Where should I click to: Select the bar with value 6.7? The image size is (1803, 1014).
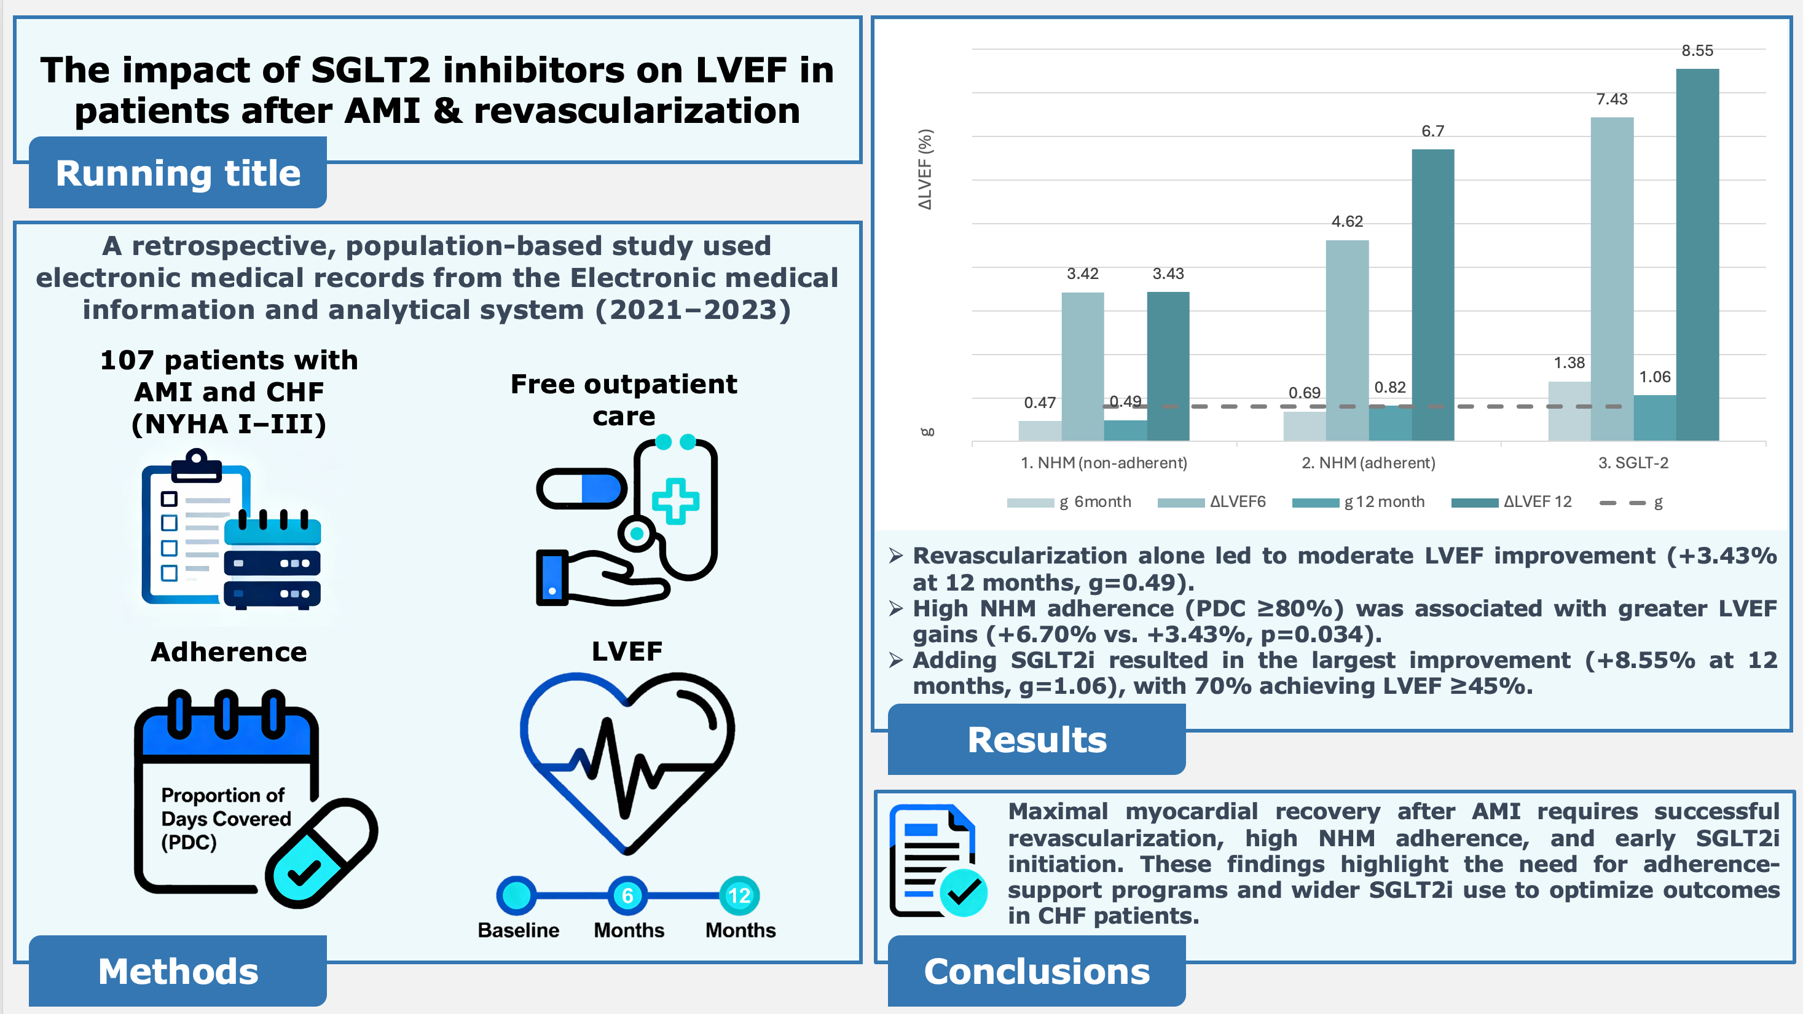click(x=1432, y=294)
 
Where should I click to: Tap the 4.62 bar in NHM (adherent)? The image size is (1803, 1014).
click(x=1346, y=340)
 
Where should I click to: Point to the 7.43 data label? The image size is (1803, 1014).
click(x=1611, y=100)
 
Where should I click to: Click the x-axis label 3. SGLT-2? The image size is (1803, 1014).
click(x=1633, y=463)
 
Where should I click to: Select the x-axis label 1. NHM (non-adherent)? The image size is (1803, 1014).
click(x=1104, y=463)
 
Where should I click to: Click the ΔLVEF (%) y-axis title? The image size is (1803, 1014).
click(x=925, y=170)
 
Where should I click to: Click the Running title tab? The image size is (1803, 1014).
click(x=178, y=173)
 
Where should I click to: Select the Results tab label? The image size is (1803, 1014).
click(x=1037, y=740)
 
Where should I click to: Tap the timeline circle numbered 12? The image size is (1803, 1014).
click(x=739, y=895)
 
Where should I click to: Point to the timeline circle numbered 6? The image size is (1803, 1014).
click(x=628, y=895)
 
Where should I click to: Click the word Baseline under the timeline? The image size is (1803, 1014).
click(x=518, y=930)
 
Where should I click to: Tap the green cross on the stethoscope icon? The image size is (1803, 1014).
click(x=675, y=501)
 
